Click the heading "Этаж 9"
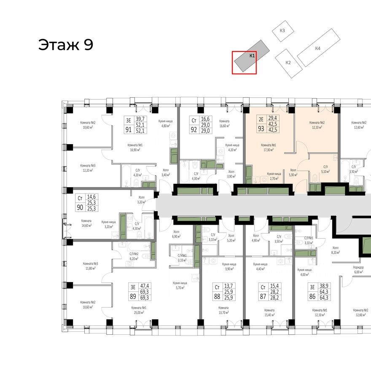coord(65,45)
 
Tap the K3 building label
coord(282,31)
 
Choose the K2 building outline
coord(288,62)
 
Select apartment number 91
coord(128,130)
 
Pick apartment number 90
coord(80,207)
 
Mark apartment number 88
coord(217,297)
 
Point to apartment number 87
coord(262,297)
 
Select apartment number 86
coord(312,297)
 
